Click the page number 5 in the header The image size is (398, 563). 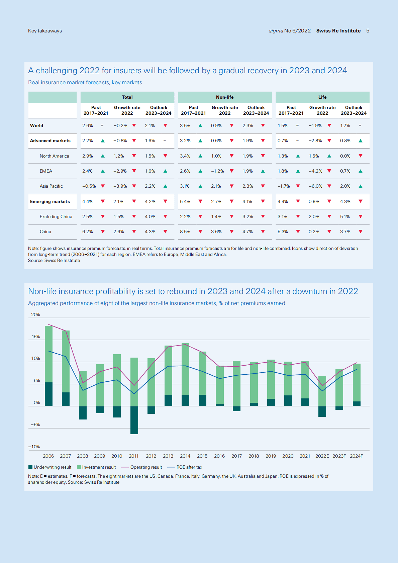tap(368, 31)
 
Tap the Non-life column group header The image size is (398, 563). tap(225, 97)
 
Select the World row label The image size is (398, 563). tap(36, 126)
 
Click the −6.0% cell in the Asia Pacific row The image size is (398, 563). tap(315, 186)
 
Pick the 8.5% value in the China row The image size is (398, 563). tap(185, 232)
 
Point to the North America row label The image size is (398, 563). tap(54, 156)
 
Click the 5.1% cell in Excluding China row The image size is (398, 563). tap(345, 217)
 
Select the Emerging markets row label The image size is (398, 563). tap(50, 202)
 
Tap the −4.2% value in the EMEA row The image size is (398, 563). tap(315, 171)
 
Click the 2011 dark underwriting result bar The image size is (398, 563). tap(134, 420)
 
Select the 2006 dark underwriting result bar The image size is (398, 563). tap(49, 394)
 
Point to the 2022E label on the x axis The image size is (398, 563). tap(322, 456)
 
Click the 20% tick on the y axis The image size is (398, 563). tap(35, 315)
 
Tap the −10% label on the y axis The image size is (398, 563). tap(34, 447)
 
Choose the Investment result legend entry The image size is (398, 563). tap(96, 467)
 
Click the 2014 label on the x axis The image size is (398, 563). tap(185, 456)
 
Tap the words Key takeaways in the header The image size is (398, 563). tap(45, 31)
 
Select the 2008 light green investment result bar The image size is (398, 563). tap(83, 388)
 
